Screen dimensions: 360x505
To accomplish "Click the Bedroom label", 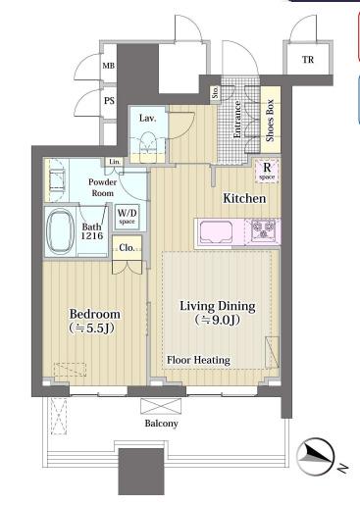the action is click(94, 314).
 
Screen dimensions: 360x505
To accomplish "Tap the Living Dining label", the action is click(218, 306).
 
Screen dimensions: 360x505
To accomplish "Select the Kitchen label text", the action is click(244, 198).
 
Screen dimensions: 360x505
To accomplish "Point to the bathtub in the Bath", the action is click(61, 231).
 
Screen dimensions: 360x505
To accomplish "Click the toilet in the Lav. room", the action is click(148, 147).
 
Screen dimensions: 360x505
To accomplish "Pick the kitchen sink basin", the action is click(216, 232).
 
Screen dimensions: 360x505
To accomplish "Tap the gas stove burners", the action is click(263, 228).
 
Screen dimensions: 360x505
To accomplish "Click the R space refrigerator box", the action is click(267, 171).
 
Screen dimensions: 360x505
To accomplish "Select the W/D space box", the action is click(127, 216).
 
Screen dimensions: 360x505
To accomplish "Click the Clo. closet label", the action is click(127, 248).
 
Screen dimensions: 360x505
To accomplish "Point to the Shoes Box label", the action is click(270, 120).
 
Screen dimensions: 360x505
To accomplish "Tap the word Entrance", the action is click(237, 120).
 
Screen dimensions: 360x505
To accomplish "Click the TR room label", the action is click(308, 60).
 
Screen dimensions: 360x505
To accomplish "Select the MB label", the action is click(109, 66).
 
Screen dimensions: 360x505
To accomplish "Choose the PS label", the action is click(109, 101).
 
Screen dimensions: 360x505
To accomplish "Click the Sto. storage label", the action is click(215, 92).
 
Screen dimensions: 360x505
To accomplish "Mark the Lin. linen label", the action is click(115, 162).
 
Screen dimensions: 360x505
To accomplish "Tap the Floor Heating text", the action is click(198, 360).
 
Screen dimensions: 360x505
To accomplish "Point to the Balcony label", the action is click(162, 424).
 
